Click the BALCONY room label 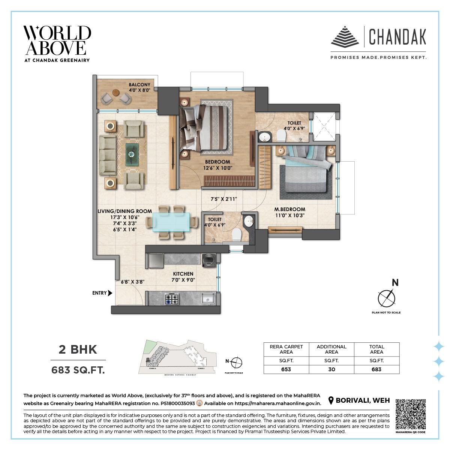[139, 85]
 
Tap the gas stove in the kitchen [172, 298]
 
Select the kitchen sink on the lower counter [207, 298]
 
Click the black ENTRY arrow [110, 293]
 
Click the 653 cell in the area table [286, 369]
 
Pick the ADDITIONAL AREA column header [331, 349]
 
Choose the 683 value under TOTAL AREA [376, 369]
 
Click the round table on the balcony [115, 93]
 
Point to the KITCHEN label [183, 274]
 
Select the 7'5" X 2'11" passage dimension [224, 199]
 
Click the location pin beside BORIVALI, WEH [331, 401]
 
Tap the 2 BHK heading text [78, 349]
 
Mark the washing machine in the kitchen [208, 260]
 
